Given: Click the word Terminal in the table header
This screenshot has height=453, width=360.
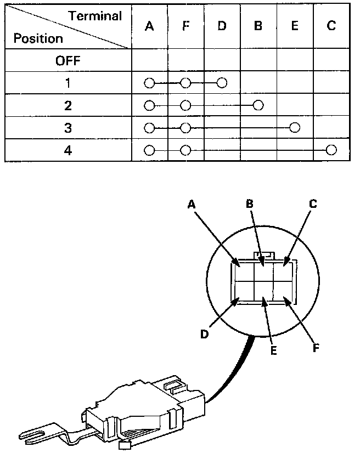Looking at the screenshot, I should point(95,16).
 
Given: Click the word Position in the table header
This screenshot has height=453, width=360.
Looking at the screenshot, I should point(38,39).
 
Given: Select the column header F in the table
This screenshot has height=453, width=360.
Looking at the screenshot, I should point(185,27).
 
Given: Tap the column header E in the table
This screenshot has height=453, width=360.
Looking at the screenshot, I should point(295,27).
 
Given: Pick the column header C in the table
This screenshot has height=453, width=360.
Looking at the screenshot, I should point(331,27).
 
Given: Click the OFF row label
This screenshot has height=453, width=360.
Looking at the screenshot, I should point(68,61).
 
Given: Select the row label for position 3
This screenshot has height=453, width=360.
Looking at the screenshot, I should point(68,128).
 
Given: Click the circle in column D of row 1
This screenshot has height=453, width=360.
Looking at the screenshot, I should point(222,83).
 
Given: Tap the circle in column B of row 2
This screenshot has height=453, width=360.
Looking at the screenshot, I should point(258,105).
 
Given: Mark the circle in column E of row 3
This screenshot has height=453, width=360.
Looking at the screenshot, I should point(295,128).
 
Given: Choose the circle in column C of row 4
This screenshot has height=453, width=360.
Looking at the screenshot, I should point(330,150).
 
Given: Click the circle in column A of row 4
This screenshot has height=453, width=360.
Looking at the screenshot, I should point(149,150).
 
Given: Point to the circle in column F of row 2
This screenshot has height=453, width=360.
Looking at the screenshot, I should point(185,105).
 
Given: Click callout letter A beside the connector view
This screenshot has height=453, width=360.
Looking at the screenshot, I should point(192,204).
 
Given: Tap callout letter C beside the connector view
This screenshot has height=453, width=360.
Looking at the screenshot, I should point(313,204).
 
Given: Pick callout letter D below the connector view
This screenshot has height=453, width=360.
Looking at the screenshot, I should point(204,334).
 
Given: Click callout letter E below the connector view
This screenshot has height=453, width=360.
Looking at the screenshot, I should point(272,349).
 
